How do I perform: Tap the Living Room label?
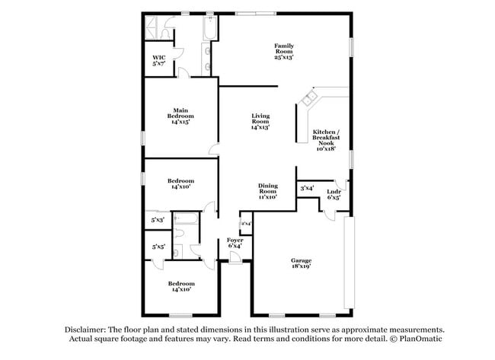coord(261,119)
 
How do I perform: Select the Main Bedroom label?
coord(180,113)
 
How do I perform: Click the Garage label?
coord(301,260)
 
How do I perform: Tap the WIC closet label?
coord(159,57)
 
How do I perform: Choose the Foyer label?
coord(235,240)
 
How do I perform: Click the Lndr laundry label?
coord(333,191)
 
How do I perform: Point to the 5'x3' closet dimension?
coord(158,220)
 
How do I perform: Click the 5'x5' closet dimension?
coord(158,247)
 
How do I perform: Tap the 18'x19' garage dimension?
coord(301,267)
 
